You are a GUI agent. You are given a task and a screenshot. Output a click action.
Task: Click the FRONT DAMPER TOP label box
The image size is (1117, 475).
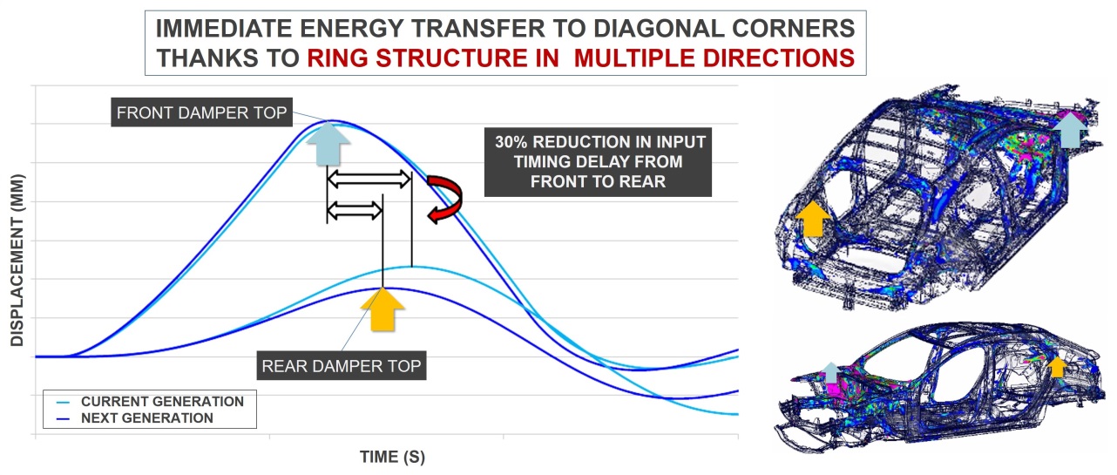pos(201,112)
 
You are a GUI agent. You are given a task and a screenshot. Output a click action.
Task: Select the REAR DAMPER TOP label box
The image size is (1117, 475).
pos(341,366)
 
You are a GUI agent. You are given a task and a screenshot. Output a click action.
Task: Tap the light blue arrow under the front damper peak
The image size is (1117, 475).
pos(328,144)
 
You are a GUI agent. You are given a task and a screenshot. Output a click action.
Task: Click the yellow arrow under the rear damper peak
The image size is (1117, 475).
pos(382,309)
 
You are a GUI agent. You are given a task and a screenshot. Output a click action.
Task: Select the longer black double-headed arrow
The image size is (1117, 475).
pos(369,179)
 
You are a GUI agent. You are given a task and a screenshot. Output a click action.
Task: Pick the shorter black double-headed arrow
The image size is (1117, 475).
pos(355,211)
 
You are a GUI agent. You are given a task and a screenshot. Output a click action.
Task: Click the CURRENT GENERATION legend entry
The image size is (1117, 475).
pos(151,402)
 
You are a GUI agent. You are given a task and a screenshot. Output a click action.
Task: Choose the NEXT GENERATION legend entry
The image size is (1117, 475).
pos(135,418)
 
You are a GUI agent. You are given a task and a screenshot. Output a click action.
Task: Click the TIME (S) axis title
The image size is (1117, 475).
pos(392,457)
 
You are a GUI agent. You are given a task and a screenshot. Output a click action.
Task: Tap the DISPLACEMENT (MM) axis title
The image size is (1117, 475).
pos(17,260)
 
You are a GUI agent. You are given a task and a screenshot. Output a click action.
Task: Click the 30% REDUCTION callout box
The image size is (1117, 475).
pos(598,162)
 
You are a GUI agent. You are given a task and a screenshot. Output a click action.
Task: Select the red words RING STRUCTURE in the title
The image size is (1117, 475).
pos(416,58)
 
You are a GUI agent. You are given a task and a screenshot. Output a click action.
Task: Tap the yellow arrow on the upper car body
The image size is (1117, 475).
pos(813,218)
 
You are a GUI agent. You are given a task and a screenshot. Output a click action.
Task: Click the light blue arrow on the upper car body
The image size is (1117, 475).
pos(1070,130)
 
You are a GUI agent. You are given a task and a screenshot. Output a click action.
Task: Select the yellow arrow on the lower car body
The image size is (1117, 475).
pos(1057,367)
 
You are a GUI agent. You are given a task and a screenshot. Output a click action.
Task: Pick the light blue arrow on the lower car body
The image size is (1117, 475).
pos(830,373)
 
